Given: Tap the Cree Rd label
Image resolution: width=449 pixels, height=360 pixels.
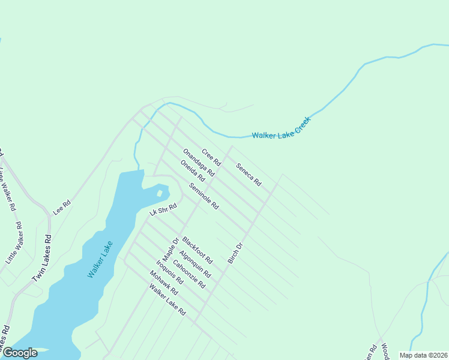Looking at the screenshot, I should click(211, 157).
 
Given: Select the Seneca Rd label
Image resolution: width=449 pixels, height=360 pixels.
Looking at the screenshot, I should click(249, 174).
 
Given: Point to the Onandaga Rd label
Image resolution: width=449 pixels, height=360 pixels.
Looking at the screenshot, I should click(199, 162).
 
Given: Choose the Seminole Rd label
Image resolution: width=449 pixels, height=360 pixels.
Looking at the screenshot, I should click(203, 196).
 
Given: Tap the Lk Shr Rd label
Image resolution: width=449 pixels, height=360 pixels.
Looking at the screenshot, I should click(163, 209).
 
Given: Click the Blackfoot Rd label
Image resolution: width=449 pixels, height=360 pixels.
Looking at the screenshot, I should click(197, 250).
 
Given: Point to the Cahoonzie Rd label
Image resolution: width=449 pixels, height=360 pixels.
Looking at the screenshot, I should click(189, 274).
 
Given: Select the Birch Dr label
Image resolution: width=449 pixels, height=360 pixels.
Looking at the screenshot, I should click(234, 253).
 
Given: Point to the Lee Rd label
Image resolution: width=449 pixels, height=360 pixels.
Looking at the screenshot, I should click(62, 206).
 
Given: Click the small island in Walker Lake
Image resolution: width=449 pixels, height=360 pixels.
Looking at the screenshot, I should click(160, 193).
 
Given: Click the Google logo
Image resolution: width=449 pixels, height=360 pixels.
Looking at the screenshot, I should click(20, 353).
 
